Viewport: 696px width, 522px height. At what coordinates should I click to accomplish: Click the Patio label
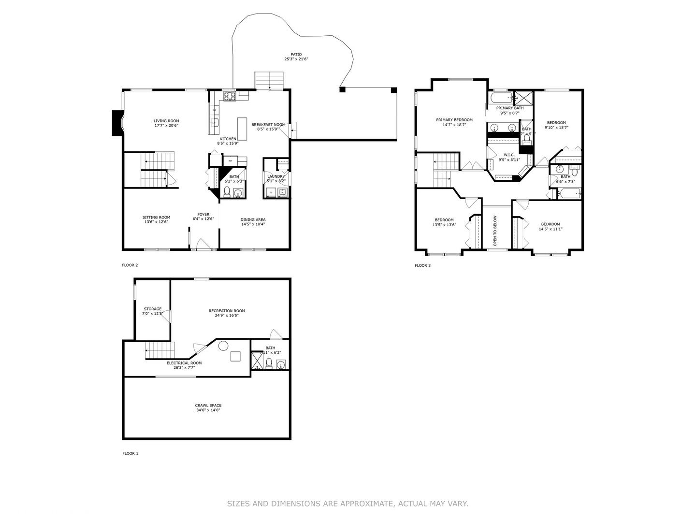[296, 54]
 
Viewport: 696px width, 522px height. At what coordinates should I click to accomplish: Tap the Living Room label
[166, 121]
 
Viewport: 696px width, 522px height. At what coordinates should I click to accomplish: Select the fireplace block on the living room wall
[116, 123]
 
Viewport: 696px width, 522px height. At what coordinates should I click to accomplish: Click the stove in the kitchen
[229, 96]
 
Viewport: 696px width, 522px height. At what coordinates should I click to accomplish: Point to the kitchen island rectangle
[242, 128]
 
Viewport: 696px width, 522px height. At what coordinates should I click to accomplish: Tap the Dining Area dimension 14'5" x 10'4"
[253, 224]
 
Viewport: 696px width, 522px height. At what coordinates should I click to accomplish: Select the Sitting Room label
[156, 217]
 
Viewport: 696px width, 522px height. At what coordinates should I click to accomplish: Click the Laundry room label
[276, 176]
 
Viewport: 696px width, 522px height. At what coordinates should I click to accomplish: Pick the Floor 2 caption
[130, 265]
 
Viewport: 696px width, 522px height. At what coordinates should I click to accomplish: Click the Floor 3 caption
[422, 265]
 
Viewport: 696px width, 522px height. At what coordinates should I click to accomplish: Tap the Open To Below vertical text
[495, 231]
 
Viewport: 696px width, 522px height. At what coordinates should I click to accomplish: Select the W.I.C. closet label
[509, 155]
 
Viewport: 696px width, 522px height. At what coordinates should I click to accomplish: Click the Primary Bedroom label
[454, 120]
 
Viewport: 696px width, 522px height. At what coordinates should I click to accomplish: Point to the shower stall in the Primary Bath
[522, 97]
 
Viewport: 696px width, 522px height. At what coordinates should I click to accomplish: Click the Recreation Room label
[227, 311]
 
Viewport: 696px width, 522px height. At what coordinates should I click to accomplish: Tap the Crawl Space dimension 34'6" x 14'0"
[208, 410]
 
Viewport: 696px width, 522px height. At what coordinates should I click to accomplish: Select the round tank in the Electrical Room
[223, 346]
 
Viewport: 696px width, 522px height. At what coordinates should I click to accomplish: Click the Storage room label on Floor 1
[152, 309]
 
